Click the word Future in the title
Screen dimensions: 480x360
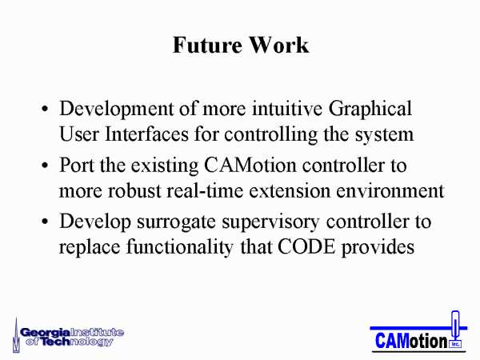[207, 45]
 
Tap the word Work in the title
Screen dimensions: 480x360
[278, 45]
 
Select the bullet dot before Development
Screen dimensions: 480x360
[45, 109]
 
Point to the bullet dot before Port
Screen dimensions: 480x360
[45, 166]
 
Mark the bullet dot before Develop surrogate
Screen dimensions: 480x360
[45, 222]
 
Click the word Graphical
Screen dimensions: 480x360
[370, 110]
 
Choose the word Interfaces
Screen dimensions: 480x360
[146, 134]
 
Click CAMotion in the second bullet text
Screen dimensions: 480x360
[250, 166]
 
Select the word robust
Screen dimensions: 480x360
[134, 191]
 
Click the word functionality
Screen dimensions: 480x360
[180, 248]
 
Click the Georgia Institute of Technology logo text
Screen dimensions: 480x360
[72, 338]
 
